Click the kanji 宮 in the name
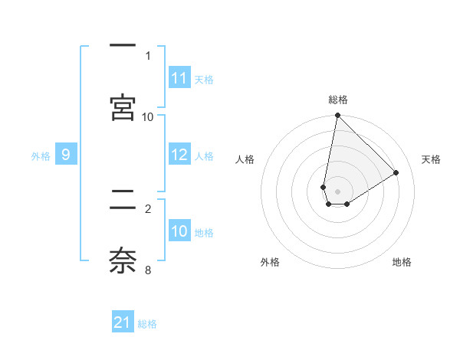[123, 107]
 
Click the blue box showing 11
[179, 78]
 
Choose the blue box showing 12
[179, 155]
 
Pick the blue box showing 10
[179, 231]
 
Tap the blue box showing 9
[66, 155]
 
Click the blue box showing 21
[123, 322]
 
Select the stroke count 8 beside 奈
[148, 270]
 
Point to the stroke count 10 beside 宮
[148, 116]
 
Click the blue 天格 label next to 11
[204, 79]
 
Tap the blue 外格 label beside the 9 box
[41, 155]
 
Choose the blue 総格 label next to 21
[147, 323]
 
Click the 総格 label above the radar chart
[338, 100]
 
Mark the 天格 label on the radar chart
[431, 159]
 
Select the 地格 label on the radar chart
[402, 262]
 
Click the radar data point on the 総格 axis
[337, 116]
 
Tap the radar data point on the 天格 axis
[396, 173]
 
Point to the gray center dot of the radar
[337, 191]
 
